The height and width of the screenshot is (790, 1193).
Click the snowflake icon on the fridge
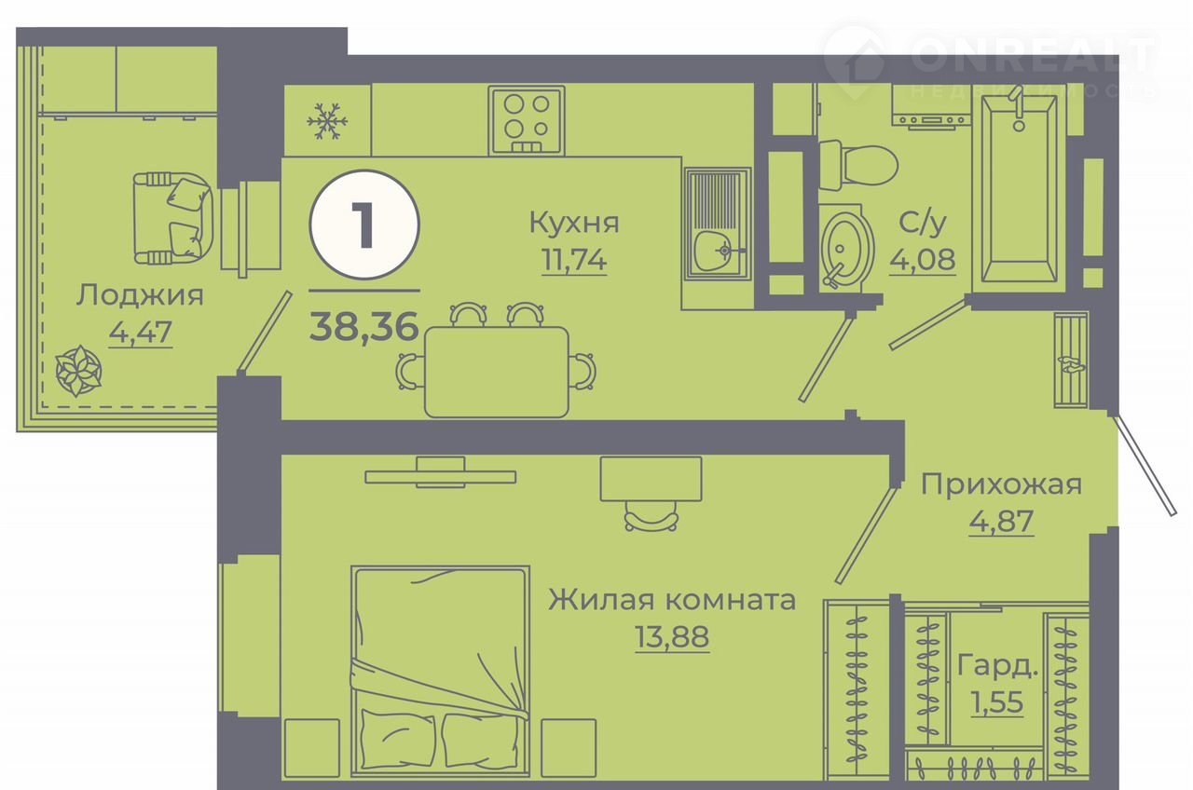pyautogui.click(x=326, y=122)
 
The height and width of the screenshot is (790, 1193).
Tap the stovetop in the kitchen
pyautogui.click(x=527, y=121)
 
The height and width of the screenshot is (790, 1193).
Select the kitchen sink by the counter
pyautogui.click(x=718, y=225)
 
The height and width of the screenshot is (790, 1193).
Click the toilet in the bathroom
pyautogui.click(x=858, y=165)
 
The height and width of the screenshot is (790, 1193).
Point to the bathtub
pyautogui.click(x=1019, y=188)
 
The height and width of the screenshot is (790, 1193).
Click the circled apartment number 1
pyautogui.click(x=364, y=225)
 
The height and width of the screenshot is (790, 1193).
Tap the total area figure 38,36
pyautogui.click(x=364, y=326)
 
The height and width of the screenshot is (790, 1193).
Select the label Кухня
pyautogui.click(x=574, y=223)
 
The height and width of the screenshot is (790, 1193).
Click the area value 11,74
pyautogui.click(x=574, y=260)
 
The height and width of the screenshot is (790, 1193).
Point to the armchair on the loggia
pyautogui.click(x=173, y=218)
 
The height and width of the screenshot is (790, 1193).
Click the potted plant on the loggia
pyautogui.click(x=79, y=371)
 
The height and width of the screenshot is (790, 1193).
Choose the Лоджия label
pyautogui.click(x=140, y=295)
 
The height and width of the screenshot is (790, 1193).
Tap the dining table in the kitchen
pyautogui.click(x=497, y=372)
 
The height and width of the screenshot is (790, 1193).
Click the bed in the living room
pyautogui.click(x=440, y=673)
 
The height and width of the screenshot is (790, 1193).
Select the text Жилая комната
pyautogui.click(x=672, y=601)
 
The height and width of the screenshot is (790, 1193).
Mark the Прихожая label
pyautogui.click(x=1001, y=485)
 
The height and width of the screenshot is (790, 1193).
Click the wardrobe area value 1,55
pyautogui.click(x=997, y=702)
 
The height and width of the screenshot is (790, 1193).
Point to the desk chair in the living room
pyautogui.click(x=651, y=516)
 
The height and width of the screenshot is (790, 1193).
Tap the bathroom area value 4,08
pyautogui.click(x=923, y=260)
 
